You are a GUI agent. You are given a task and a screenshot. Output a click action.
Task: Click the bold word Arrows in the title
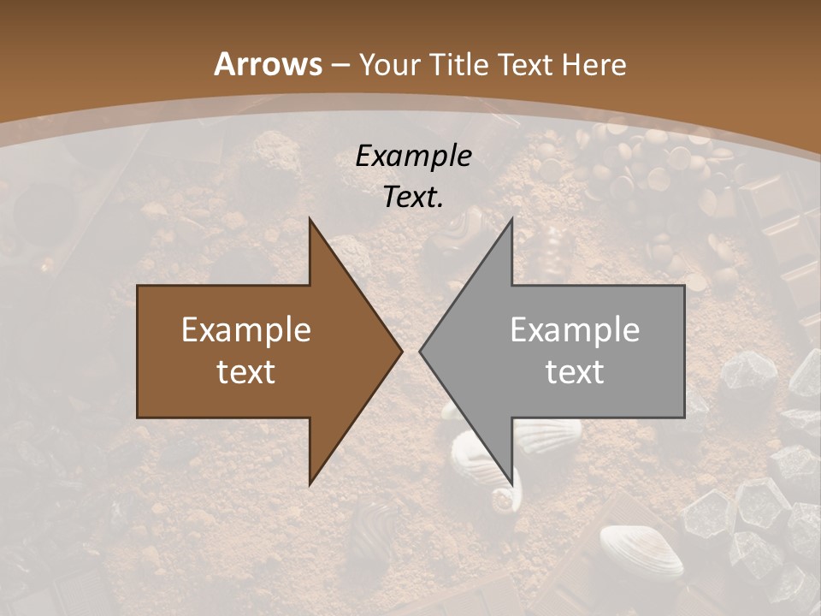[268, 64]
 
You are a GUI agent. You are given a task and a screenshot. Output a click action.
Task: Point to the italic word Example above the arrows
[413, 157]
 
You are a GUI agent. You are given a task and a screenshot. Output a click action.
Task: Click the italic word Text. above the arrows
[413, 198]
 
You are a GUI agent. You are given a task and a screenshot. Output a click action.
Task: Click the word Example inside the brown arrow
[246, 330]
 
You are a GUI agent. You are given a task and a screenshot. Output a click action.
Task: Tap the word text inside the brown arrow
[246, 371]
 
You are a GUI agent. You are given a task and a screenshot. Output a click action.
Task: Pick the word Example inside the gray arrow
[575, 330]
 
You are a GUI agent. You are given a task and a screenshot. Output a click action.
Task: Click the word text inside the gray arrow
[575, 371]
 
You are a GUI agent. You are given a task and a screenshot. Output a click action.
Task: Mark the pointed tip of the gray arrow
[422, 351]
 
